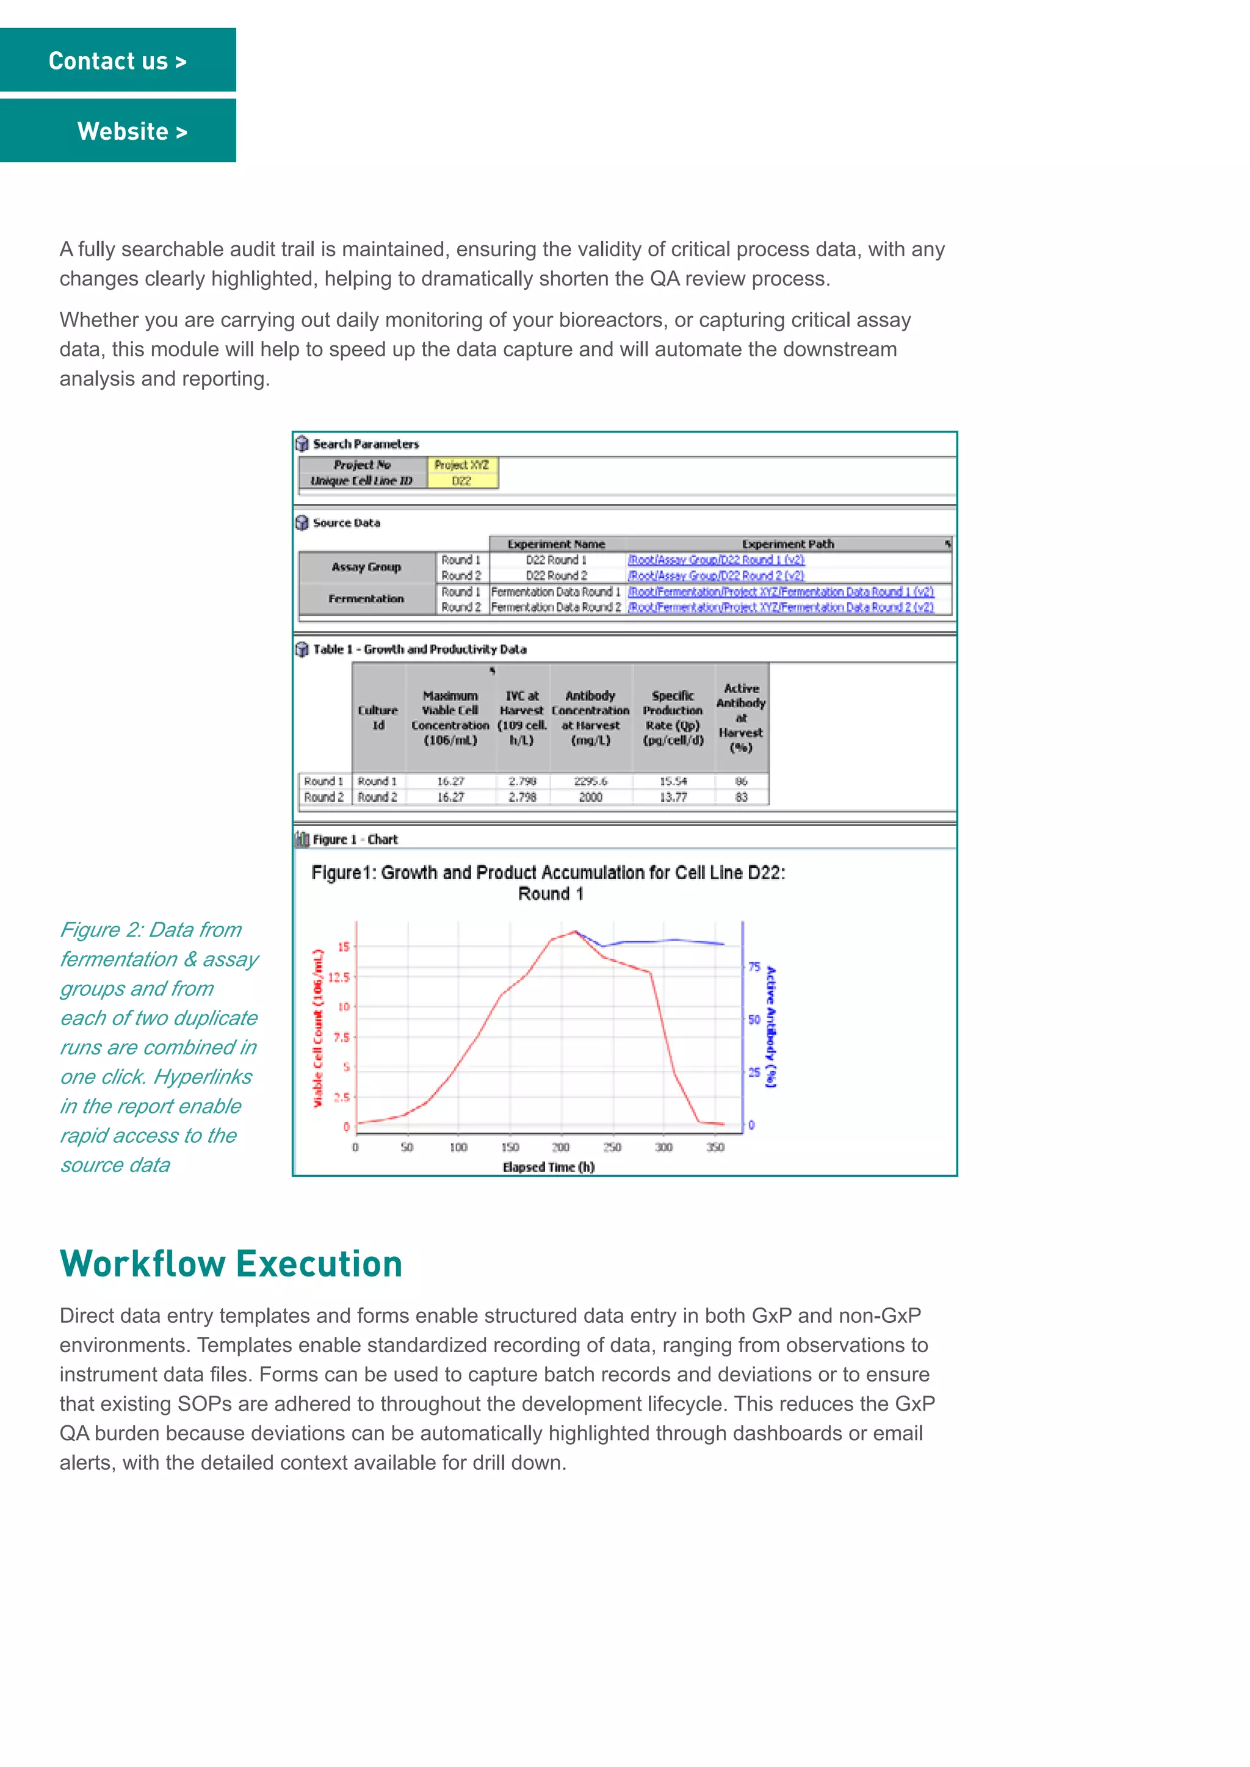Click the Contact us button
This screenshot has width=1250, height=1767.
pyautogui.click(x=118, y=61)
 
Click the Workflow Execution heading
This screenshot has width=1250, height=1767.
pyautogui.click(x=231, y=1264)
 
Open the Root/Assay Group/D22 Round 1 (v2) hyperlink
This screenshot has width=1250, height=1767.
pyautogui.click(x=716, y=560)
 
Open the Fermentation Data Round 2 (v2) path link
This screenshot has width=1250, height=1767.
pyautogui.click(x=781, y=607)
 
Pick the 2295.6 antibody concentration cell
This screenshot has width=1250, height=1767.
pyautogui.click(x=590, y=781)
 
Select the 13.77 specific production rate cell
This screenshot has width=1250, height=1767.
pyautogui.click(x=673, y=797)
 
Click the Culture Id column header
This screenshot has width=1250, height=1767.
pyautogui.click(x=378, y=718)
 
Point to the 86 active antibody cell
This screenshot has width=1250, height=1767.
pyautogui.click(x=741, y=781)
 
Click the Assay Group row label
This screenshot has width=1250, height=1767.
pyautogui.click(x=366, y=567)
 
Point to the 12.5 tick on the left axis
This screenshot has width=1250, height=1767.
pyautogui.click(x=339, y=977)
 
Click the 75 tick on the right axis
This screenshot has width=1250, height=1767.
pyautogui.click(x=754, y=967)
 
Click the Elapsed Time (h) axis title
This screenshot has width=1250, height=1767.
pyautogui.click(x=548, y=1167)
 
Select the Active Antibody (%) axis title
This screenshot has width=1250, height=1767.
pyautogui.click(x=771, y=1027)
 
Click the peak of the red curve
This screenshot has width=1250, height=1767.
pyautogui.click(x=575, y=932)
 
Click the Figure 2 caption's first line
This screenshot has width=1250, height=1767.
pyautogui.click(x=151, y=930)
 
